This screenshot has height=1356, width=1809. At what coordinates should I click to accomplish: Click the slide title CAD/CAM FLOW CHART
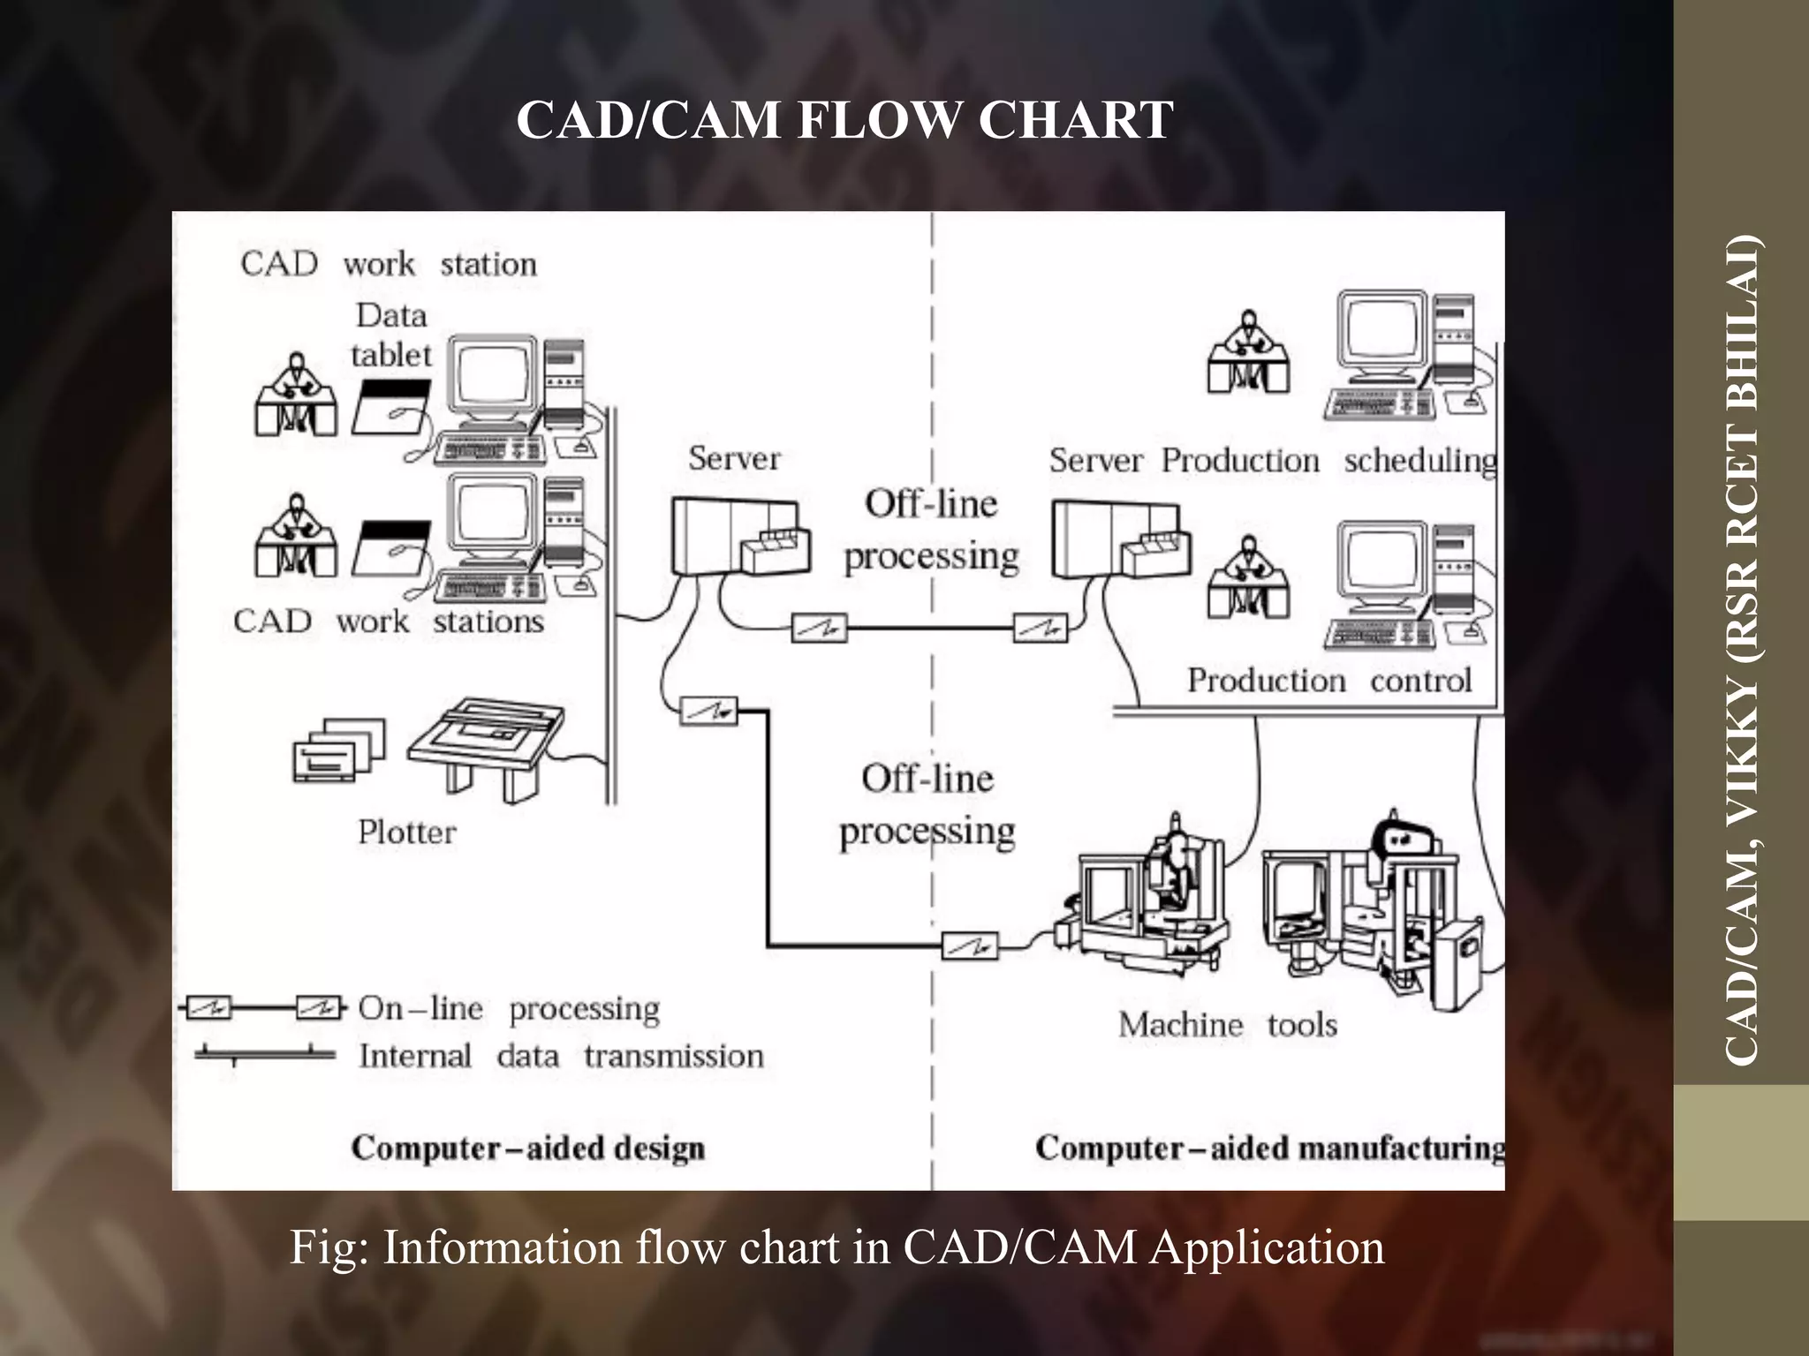844,120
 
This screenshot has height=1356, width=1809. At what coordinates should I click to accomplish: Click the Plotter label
406,832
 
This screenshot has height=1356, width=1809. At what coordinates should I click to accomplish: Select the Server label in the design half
734,459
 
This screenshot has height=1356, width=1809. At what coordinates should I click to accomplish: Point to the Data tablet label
390,335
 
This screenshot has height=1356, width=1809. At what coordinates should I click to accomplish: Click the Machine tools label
1227,1025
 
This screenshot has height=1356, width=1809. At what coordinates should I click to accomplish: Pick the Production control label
1328,681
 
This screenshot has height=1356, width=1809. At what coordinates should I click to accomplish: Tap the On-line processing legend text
509,1009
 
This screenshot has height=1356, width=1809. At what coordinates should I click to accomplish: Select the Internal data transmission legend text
561,1057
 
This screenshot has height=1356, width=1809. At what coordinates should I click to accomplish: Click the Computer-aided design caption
528,1149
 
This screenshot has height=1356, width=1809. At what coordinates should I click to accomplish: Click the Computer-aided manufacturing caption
1269,1149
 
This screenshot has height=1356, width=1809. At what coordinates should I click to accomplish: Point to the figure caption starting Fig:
837,1247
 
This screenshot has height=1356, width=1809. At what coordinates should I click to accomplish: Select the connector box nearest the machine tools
970,946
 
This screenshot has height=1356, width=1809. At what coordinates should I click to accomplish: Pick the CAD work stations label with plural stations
389,621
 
